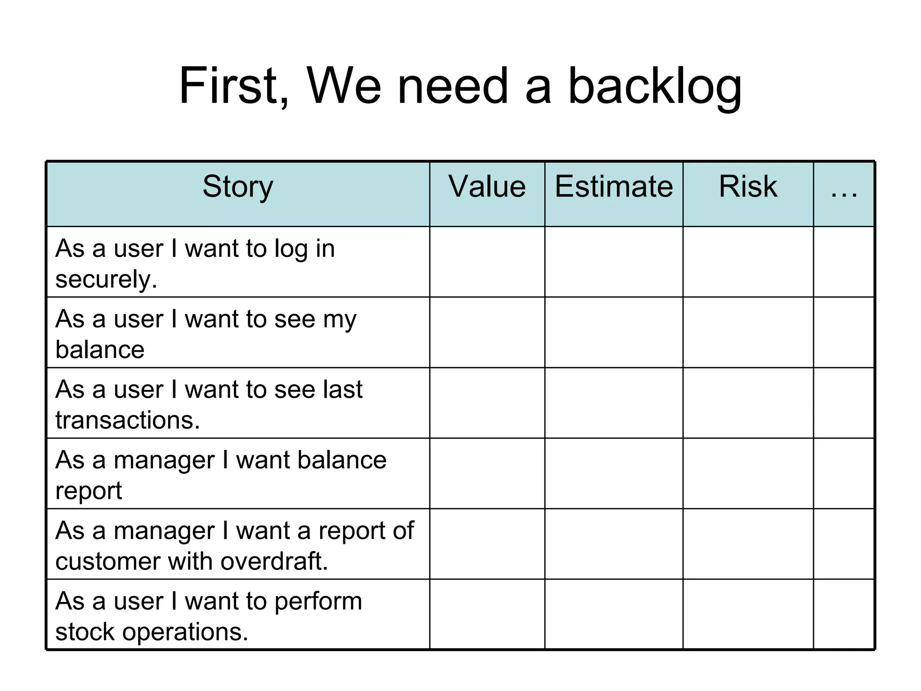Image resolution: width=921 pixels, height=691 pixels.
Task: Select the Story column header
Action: pyautogui.click(x=238, y=186)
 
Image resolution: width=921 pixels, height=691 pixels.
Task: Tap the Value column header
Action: pyautogui.click(x=487, y=186)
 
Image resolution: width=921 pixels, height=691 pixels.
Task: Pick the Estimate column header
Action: pyautogui.click(x=614, y=186)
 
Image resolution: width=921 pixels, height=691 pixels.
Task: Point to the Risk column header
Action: pyautogui.click(x=748, y=186)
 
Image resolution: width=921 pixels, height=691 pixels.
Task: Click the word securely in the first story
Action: pyautogui.click(x=106, y=279)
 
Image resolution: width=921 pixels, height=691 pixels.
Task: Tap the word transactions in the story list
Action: pyautogui.click(x=127, y=420)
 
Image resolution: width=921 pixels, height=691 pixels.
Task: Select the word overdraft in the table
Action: pyautogui.click(x=274, y=561)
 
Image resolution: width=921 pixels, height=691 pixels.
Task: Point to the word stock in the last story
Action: pyautogui.click(x=85, y=632)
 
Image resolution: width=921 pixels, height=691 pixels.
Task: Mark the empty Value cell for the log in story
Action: pyautogui.click(x=487, y=262)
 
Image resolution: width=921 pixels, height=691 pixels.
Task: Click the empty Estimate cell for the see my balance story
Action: pyautogui.click(x=614, y=332)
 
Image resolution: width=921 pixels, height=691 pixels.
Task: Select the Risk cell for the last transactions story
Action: pyautogui.click(x=748, y=403)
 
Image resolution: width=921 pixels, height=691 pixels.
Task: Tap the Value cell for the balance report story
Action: pyautogui.click(x=487, y=473)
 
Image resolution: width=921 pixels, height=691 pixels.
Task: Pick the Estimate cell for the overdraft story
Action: pyautogui.click(x=614, y=544)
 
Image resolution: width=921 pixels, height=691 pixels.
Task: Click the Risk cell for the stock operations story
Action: pyautogui.click(x=748, y=615)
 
